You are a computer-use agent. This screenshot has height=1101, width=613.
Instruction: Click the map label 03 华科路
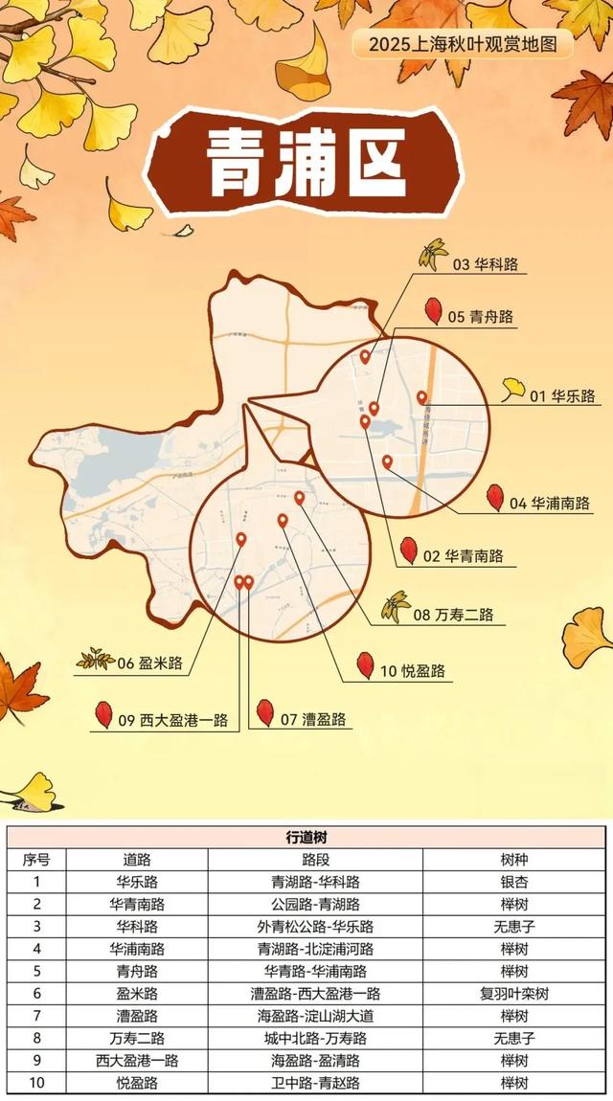[x=485, y=264]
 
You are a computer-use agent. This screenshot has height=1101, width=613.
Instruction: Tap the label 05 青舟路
[x=480, y=317]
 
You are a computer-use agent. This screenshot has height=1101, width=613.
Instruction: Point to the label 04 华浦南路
[x=548, y=503]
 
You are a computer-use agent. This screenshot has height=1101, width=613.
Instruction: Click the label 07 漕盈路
[x=313, y=720]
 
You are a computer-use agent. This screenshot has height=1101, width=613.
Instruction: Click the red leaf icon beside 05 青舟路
[x=433, y=311]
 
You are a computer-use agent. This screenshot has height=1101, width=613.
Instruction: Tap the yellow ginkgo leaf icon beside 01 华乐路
[x=513, y=390]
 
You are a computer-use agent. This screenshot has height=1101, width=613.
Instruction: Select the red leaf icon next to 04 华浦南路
[x=495, y=497]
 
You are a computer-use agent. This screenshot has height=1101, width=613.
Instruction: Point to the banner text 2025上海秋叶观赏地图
[x=463, y=44]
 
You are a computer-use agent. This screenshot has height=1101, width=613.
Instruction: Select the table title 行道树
[x=306, y=837]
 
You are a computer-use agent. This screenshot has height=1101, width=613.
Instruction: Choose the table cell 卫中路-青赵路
[x=315, y=1083]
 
